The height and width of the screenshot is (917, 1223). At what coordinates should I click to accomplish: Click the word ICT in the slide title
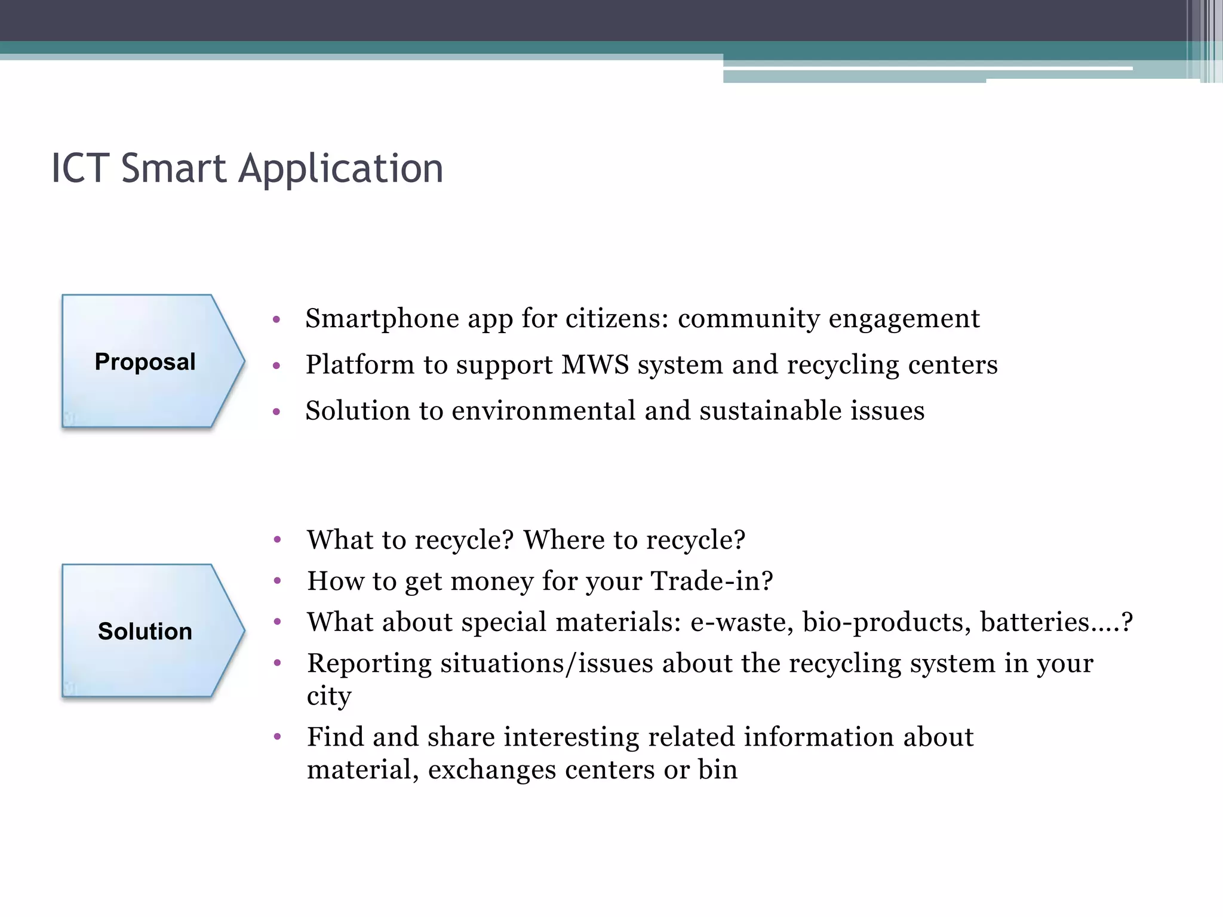[x=80, y=168]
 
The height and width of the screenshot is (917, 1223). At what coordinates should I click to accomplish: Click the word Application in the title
[x=341, y=170]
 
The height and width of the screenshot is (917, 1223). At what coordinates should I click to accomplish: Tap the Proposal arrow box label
[x=145, y=362]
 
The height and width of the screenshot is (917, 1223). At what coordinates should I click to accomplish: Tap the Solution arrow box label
[x=145, y=631]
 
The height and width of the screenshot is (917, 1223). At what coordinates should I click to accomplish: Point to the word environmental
[x=543, y=411]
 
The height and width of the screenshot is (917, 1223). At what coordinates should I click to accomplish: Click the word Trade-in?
[x=711, y=581]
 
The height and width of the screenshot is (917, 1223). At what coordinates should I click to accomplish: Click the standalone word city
[x=328, y=696]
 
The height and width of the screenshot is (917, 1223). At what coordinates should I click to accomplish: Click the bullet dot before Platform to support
[x=276, y=365]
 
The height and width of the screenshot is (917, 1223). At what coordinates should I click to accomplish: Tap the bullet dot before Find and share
[x=277, y=737]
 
